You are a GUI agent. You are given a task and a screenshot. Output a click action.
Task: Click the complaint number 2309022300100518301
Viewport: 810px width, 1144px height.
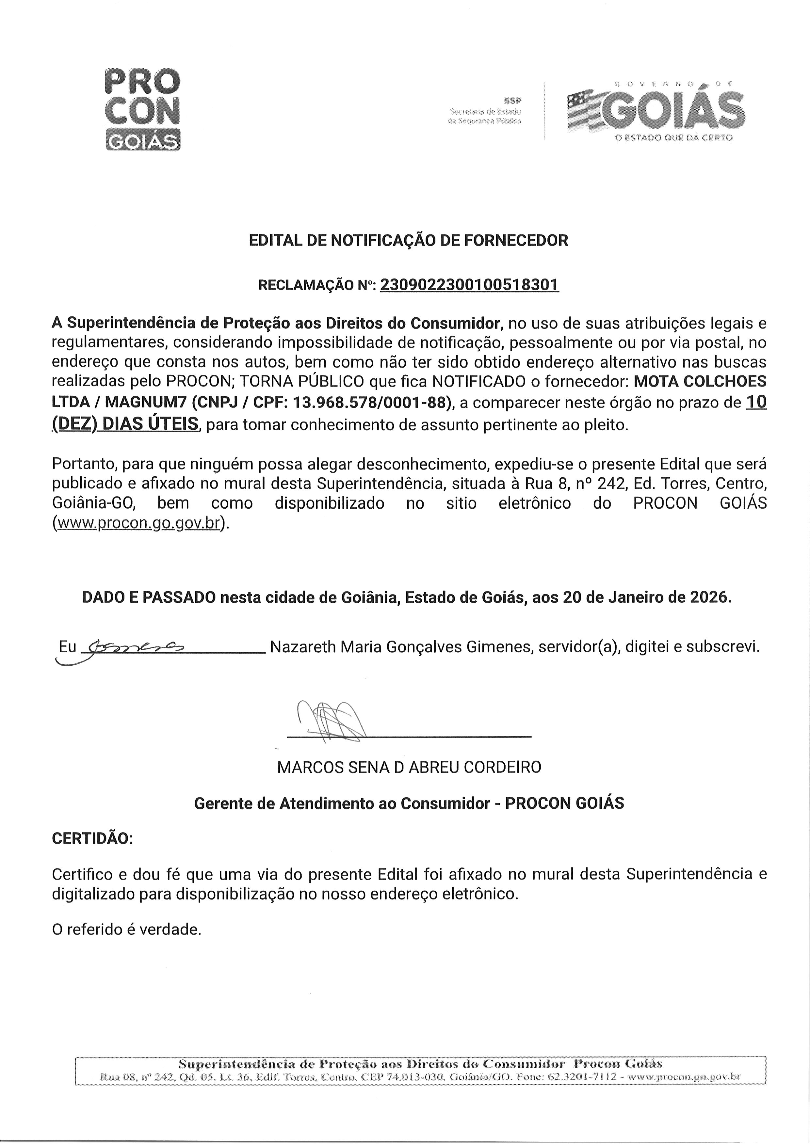point(469,285)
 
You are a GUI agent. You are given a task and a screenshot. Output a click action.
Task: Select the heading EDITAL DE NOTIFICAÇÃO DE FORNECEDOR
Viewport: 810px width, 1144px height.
point(408,240)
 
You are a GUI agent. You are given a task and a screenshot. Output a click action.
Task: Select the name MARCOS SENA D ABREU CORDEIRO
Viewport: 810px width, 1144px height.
point(409,767)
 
